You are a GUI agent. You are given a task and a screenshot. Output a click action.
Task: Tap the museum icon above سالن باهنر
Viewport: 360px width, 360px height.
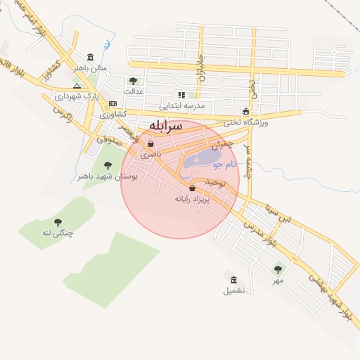(90, 57)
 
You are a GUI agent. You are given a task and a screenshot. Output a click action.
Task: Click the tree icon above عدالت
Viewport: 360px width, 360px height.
(133, 81)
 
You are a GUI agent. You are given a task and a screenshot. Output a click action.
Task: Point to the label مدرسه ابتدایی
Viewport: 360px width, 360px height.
(181, 105)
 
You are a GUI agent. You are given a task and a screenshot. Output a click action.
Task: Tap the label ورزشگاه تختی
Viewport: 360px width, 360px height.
(245, 122)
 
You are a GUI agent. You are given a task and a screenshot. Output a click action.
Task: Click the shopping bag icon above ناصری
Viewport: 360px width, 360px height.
(150, 143)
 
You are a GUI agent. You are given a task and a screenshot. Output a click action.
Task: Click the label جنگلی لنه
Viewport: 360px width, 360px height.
(58, 232)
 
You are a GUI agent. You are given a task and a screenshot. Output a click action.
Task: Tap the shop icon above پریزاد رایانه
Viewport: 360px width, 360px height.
(193, 188)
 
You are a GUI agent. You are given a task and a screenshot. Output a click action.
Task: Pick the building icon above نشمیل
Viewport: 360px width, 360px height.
(234, 280)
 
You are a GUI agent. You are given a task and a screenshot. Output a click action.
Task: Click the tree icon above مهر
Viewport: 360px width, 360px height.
(278, 269)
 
